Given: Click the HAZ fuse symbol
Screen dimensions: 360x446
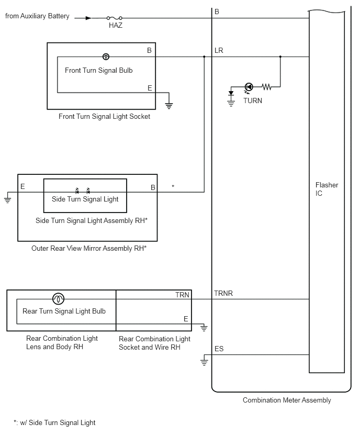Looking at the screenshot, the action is tap(114, 18).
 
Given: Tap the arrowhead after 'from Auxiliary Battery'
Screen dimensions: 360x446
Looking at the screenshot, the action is tap(88, 18).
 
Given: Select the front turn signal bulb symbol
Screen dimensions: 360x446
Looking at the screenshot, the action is tap(106, 57).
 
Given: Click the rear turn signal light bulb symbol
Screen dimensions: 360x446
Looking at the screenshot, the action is tap(58, 299).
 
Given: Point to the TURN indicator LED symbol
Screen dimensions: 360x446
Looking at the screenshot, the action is tap(249, 87).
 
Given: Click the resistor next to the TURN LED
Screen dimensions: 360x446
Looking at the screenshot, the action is tap(267, 87).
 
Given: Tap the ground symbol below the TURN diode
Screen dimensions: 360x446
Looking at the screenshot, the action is tap(231, 103).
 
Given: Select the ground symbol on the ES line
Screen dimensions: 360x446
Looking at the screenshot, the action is tap(204, 362).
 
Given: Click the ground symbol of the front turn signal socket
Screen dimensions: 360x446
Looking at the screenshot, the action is tap(169, 106).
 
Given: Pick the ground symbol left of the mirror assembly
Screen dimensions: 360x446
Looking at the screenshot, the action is tap(7, 199).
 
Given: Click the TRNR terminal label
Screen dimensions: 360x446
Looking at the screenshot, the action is tap(223, 293).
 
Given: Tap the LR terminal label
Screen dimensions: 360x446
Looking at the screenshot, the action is tap(219, 51).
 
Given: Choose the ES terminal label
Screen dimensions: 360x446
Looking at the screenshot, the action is tap(219, 349).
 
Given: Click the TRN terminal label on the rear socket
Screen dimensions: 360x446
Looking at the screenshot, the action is tap(182, 295).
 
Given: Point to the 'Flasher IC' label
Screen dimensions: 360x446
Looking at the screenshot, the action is tap(327, 189).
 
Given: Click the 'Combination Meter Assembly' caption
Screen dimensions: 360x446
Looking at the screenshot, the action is tap(287, 400).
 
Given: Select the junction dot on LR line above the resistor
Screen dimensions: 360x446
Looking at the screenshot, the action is tap(280, 57).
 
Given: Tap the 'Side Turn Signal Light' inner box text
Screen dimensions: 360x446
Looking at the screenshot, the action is tap(85, 199).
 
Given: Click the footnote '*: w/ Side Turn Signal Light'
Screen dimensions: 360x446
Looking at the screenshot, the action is tap(54, 422).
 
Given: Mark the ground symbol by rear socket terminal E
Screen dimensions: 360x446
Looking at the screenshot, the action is tap(204, 328).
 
